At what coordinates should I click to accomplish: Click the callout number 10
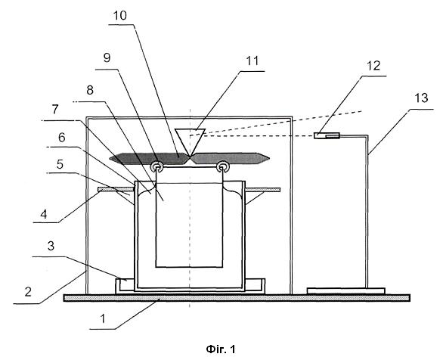(x=119, y=16)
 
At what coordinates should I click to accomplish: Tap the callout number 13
(x=421, y=98)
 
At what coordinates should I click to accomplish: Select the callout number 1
(x=103, y=318)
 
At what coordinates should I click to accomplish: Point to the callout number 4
(x=44, y=215)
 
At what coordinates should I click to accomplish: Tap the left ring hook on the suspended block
(x=156, y=166)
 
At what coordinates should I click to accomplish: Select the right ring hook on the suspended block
(x=222, y=166)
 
